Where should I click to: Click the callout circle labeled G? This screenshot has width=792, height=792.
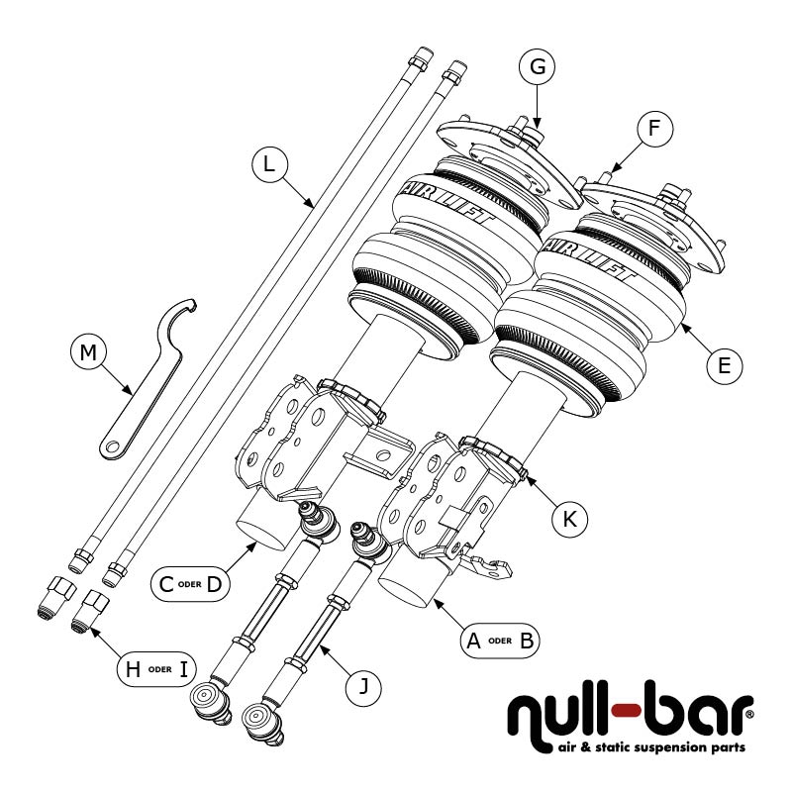click(538, 67)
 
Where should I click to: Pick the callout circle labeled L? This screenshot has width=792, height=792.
click(268, 164)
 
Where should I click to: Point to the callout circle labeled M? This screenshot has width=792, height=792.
click(89, 352)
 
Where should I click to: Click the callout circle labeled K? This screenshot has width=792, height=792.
click(569, 517)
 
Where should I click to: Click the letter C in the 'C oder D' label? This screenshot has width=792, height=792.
click(167, 584)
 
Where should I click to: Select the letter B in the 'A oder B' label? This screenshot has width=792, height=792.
click(526, 640)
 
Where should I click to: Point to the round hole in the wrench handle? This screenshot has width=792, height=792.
click(110, 447)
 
